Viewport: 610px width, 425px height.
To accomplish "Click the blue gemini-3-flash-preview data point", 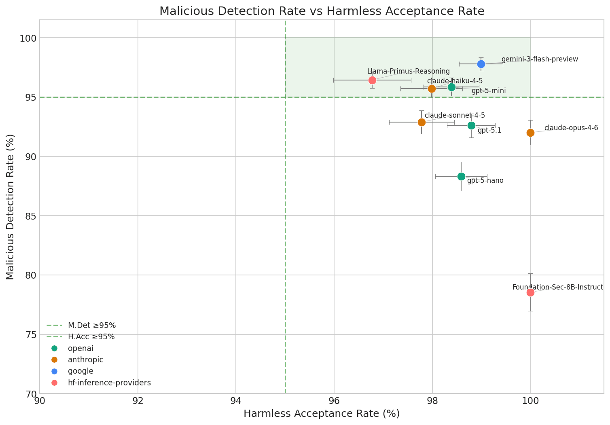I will tap(481, 64).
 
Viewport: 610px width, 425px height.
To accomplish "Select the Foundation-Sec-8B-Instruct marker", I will tap(530, 292).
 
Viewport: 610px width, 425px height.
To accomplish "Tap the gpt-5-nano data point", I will tap(461, 176).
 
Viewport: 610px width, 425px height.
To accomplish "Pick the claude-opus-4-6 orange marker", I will tap(530, 133).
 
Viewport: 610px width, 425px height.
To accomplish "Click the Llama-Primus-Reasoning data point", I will tap(372, 80).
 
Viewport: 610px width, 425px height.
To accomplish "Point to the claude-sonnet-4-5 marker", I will tap(421, 122).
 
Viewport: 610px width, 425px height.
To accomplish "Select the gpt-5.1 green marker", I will tap(471, 125).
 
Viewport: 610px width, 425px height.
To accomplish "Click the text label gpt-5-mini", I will tap(489, 91).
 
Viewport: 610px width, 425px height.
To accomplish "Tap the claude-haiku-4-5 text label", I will tap(455, 81).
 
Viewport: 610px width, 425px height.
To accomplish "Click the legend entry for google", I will tap(81, 371).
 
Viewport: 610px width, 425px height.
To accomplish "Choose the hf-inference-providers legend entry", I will tap(109, 383).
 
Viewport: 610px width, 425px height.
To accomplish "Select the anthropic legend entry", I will tap(86, 359).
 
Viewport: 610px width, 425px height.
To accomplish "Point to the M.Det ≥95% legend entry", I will tap(92, 325).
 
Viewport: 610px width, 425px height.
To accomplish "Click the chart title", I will tap(322, 11).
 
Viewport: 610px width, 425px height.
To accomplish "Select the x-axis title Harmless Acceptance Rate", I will tap(322, 414).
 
